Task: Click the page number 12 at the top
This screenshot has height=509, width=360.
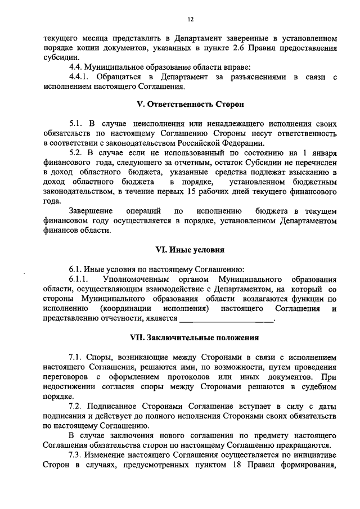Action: [191, 19]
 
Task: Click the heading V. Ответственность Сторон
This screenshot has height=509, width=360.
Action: [191, 105]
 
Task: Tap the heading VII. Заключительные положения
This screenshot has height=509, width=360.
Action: [191, 338]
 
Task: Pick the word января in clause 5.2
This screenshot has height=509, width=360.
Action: [323, 152]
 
